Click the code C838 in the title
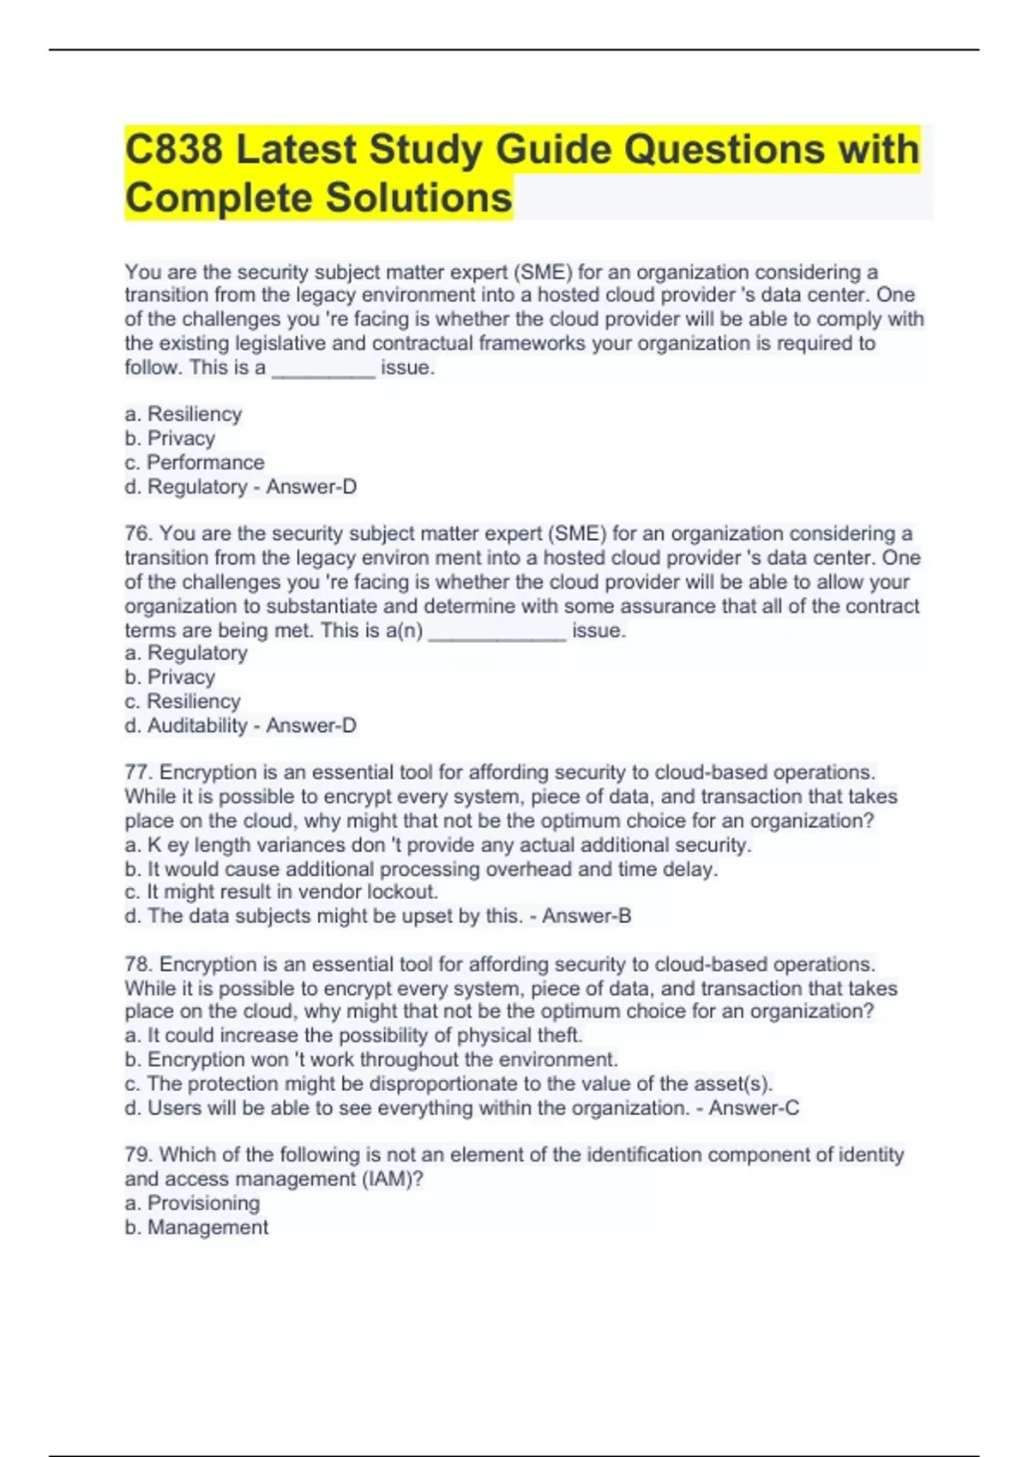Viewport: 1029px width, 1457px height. pos(174,149)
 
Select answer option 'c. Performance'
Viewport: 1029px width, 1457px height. pos(195,463)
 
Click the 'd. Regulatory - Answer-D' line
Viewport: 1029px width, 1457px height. pos(240,487)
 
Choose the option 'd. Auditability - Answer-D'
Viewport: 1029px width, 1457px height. pos(240,726)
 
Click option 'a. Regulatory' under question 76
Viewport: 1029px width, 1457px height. pos(186,653)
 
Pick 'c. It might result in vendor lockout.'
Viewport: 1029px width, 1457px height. pos(281,892)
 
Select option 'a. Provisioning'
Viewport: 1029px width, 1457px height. pos(192,1203)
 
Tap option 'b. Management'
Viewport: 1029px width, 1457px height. pos(196,1227)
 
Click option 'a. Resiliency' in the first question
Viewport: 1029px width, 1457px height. pos(184,415)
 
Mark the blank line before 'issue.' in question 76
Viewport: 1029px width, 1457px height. pos(496,633)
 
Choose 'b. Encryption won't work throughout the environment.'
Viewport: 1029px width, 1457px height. pos(371,1060)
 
